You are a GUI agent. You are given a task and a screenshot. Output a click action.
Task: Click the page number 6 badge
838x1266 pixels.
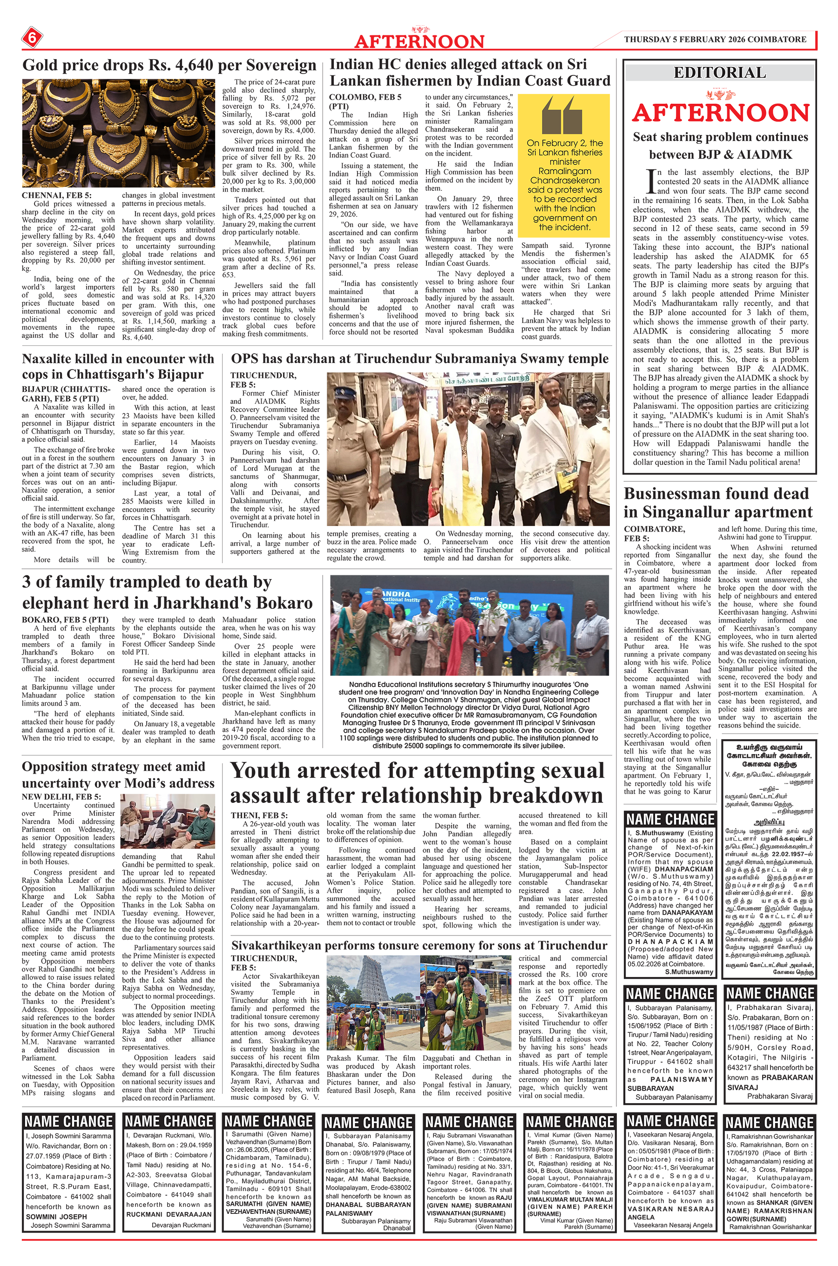click(x=32, y=38)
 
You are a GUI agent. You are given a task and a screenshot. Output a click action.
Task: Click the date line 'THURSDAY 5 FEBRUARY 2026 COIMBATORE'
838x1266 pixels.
click(x=715, y=40)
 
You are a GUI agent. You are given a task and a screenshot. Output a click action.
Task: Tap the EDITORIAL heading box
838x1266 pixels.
click(x=719, y=73)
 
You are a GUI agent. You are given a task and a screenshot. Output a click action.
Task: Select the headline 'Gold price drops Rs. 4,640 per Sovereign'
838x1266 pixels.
click(x=169, y=65)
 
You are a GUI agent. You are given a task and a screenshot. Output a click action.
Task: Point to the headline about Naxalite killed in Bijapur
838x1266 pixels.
click(x=118, y=366)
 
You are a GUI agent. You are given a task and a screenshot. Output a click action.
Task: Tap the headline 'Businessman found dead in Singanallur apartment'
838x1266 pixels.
click(x=718, y=503)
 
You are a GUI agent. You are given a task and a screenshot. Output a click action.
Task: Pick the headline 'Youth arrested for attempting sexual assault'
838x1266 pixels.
click(x=417, y=782)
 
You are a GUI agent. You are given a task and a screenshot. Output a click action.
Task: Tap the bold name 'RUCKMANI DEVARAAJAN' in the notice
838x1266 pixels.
click(x=169, y=1214)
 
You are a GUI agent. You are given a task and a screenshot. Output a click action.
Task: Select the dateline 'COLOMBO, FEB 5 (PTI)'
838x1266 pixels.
click(x=365, y=101)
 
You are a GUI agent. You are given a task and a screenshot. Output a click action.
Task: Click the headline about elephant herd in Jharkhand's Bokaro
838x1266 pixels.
click(x=167, y=593)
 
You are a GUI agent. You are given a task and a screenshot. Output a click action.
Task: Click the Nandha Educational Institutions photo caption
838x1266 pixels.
click(x=469, y=715)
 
